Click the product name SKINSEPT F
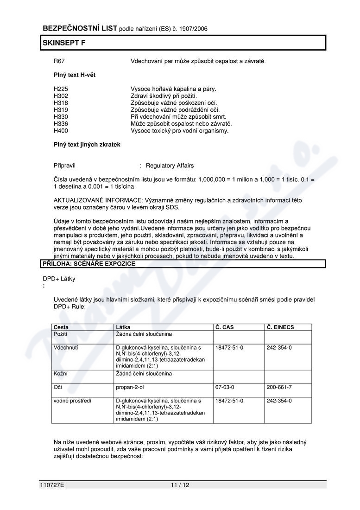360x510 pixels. [64, 43]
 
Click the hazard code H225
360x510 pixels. [61, 89]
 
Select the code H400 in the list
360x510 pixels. [61, 131]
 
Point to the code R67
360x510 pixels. [59, 61]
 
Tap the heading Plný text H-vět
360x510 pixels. [75, 75]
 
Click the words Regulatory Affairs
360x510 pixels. [170, 166]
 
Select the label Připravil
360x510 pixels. [64, 166]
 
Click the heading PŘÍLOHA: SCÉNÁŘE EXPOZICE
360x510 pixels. [89, 264]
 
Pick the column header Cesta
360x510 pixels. [62, 327]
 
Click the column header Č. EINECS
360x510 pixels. [280, 327]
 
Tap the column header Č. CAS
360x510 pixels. [225, 327]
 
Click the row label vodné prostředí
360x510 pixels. [72, 401]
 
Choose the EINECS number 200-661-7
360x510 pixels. [279, 387]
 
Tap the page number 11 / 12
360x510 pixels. [180, 485]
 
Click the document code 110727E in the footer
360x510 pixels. [52, 485]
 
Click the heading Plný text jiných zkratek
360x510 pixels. [87, 145]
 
